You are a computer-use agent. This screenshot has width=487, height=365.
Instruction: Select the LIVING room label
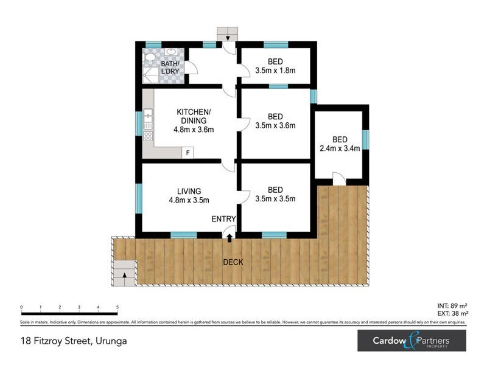tap(185, 191)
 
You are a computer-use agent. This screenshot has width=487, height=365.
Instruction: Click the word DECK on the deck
tap(233, 262)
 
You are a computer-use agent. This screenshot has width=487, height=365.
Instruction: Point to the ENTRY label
tap(223, 219)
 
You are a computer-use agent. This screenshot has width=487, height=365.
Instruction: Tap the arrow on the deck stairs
tap(125, 276)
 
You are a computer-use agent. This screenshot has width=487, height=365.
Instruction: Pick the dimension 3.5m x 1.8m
tap(275, 70)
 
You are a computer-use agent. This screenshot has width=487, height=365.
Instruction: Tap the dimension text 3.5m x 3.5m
tap(275, 199)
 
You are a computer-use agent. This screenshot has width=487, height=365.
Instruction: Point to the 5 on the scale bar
tap(117, 307)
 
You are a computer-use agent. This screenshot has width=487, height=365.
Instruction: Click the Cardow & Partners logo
tap(412, 341)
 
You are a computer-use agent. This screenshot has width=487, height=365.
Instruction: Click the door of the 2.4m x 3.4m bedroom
tap(339, 179)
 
